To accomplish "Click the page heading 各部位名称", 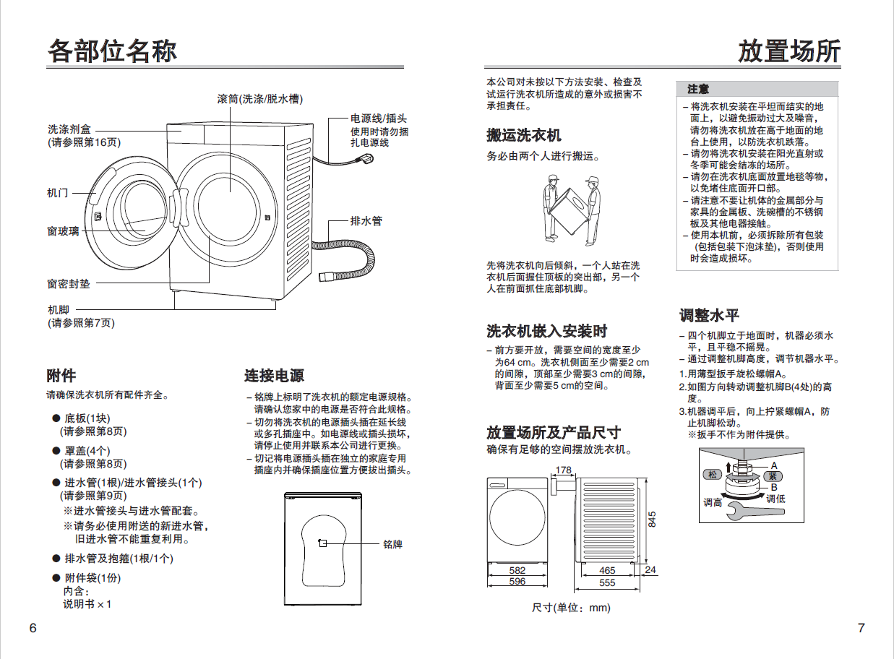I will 112,51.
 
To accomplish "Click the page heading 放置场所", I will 789,51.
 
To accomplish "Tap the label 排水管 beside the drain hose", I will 366,220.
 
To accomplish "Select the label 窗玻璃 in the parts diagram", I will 64,231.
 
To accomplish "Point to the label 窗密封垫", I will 69,285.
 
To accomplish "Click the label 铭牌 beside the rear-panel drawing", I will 392,544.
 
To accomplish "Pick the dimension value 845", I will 652,519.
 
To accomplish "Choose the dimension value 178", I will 563,470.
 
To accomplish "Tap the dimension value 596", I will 517,581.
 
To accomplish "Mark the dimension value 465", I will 607,571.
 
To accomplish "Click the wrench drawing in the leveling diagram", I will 737,512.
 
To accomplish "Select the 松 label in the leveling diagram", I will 713,475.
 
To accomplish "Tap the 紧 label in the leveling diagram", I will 772,475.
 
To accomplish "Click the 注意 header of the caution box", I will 698,89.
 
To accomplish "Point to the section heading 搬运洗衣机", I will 523,135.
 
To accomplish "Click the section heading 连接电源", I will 274,376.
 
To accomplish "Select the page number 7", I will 861,628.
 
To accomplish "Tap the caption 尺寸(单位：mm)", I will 571,608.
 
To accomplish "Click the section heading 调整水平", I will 709,316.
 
